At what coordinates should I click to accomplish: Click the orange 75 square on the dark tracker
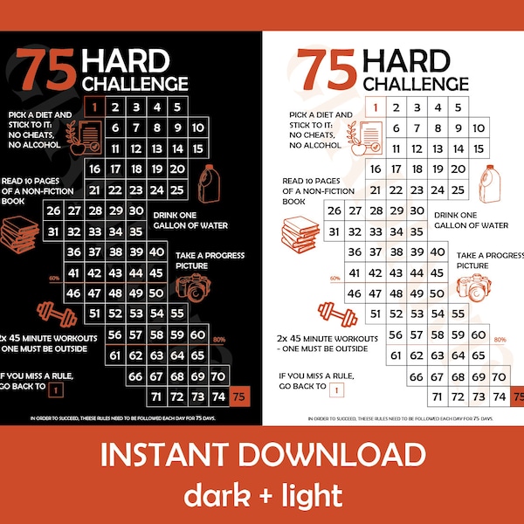click(x=240, y=396)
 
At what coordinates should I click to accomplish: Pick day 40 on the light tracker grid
click(x=435, y=252)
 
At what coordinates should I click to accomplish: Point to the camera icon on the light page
click(x=472, y=286)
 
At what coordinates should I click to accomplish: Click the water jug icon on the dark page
click(x=212, y=183)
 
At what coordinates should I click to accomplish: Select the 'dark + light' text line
click(x=262, y=495)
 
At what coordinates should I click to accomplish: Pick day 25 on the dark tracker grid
click(x=177, y=190)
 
